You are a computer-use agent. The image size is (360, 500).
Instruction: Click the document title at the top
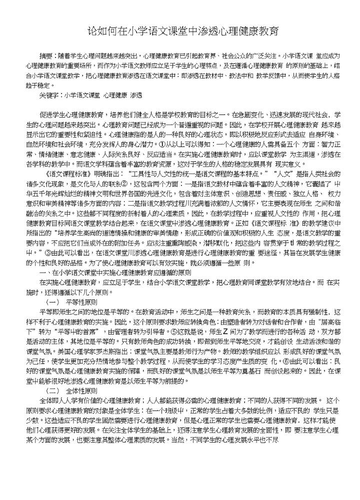tap(179, 31)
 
